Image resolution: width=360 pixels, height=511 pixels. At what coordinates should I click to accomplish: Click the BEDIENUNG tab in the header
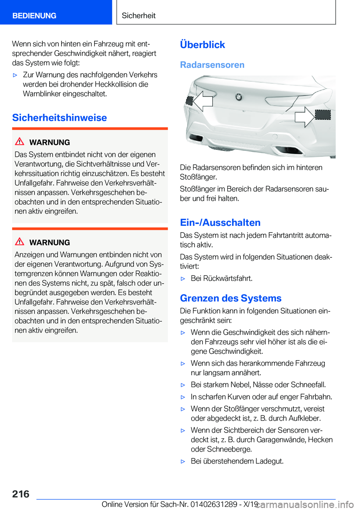click(x=34, y=16)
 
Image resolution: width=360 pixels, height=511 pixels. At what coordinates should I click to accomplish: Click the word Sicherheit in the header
click(x=138, y=16)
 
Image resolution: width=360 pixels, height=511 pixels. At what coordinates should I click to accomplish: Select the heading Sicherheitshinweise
click(x=60, y=118)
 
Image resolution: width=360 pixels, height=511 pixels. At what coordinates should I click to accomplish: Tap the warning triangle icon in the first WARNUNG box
click(x=19, y=141)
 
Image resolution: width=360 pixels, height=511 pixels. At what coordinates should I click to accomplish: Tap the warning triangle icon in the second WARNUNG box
click(x=19, y=242)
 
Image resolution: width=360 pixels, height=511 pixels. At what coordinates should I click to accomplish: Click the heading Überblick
click(x=202, y=45)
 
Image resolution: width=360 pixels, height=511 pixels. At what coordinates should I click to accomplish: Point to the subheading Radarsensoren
click(x=212, y=65)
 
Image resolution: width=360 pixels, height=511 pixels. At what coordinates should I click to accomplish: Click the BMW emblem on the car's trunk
click(x=238, y=97)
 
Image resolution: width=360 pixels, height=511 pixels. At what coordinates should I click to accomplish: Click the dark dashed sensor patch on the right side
click(x=323, y=115)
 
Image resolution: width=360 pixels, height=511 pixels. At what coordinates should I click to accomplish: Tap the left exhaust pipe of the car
click(x=196, y=138)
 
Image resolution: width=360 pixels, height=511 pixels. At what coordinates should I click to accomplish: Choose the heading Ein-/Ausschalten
click(x=220, y=223)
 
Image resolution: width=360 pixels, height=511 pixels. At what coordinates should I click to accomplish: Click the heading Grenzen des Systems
click(x=231, y=298)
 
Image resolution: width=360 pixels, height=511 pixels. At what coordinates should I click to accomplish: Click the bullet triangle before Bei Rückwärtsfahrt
click(x=183, y=279)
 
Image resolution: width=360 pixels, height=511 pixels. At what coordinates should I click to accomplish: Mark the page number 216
click(x=21, y=494)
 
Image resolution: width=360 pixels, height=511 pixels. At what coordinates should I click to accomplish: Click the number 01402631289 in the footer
click(x=214, y=504)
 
